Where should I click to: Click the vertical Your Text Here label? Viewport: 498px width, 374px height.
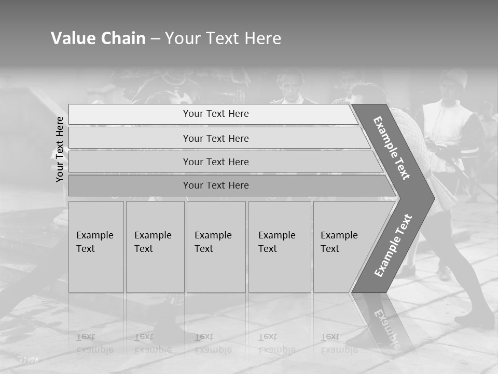tap(60, 149)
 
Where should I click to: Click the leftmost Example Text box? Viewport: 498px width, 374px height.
tap(96, 247)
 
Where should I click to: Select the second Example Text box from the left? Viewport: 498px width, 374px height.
tap(155, 247)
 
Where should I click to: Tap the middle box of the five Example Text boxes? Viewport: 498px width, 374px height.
tap(216, 247)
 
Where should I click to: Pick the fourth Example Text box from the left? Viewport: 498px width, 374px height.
tap(280, 247)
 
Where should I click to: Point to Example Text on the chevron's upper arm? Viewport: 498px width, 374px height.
tap(392, 148)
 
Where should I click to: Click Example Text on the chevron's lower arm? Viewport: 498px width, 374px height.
tap(393, 245)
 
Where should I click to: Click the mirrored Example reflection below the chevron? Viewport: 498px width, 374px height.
tap(386, 327)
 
